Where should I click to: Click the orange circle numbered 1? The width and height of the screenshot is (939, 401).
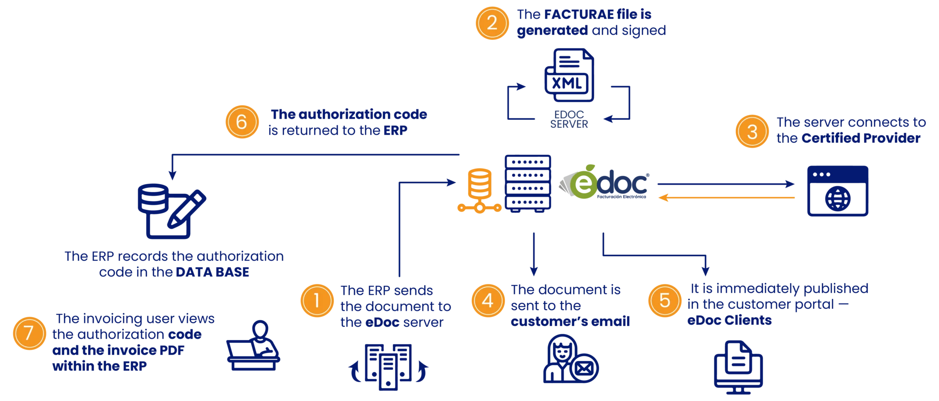[317, 301]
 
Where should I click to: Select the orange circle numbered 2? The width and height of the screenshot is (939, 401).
[492, 23]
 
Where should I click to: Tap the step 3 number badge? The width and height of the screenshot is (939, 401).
[752, 132]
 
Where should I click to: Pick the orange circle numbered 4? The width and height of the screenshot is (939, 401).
[488, 301]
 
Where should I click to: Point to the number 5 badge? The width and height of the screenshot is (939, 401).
[665, 301]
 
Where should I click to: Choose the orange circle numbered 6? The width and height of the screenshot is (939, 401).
[242, 122]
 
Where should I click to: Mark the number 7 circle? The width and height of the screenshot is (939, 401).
[29, 333]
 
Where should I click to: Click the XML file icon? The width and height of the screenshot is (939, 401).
[569, 75]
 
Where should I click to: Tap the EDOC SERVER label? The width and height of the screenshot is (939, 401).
[569, 119]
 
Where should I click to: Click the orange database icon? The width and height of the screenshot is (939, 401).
[479, 191]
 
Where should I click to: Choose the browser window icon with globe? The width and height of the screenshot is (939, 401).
[838, 191]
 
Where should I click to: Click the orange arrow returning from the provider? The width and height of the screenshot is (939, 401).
[726, 198]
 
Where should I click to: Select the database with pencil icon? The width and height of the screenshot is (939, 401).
[172, 211]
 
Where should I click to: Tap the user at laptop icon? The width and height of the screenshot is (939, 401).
[253, 345]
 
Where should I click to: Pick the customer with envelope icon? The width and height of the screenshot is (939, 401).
[571, 358]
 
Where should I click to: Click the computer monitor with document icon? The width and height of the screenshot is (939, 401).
[738, 367]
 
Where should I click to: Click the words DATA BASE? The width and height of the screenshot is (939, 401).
[212, 272]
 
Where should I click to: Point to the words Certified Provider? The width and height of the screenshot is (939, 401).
[861, 138]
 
